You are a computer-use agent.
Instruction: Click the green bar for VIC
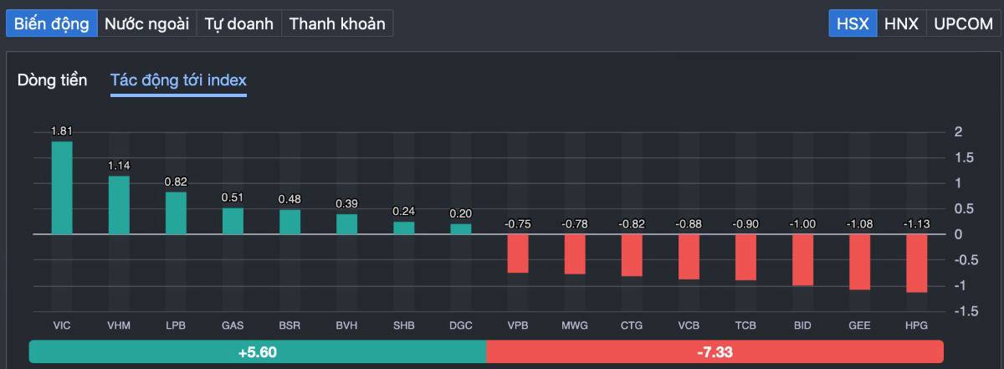coord(62,187)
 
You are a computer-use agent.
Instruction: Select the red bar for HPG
coord(916,263)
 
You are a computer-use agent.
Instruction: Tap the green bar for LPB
coord(176,213)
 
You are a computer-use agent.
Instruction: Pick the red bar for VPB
coord(518,253)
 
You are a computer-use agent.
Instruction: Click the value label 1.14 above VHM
coord(119,166)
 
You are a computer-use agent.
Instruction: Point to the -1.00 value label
coord(802,223)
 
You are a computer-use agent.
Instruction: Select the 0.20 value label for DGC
coord(460,213)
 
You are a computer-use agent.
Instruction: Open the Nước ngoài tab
coord(146,23)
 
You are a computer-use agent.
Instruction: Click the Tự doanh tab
coord(239,23)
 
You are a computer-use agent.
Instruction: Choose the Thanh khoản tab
coord(337,23)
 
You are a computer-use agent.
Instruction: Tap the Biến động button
coord(52,23)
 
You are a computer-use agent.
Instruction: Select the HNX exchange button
coord(901,23)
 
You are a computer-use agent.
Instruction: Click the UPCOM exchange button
coord(963,23)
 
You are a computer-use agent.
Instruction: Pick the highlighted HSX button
coord(853,23)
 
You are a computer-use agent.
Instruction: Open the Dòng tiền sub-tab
coord(52,80)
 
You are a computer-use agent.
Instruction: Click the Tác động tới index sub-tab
coord(178,80)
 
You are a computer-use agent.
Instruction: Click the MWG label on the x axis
coord(575,325)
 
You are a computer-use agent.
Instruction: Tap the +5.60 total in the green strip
coord(257,352)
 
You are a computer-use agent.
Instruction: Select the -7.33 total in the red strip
coord(715,352)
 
